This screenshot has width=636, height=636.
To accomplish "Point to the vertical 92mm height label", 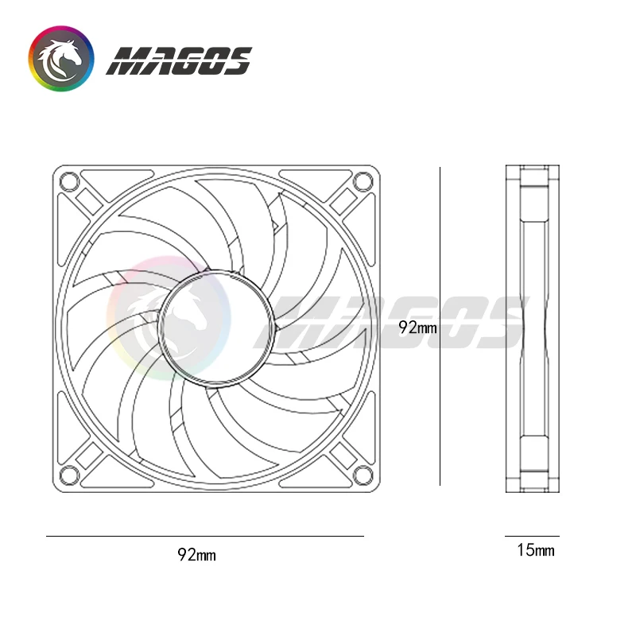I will [418, 327].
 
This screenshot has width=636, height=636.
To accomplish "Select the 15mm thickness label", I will [535, 549].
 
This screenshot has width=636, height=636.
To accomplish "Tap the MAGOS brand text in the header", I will [179, 60].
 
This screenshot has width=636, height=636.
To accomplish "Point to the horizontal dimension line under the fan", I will [204, 537].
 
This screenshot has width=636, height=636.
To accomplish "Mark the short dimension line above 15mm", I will [532, 537].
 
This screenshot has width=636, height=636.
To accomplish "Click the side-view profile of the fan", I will [532, 327].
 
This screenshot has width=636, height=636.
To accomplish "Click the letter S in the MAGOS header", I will [235, 60].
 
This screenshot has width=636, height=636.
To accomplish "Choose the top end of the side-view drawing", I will [532, 169].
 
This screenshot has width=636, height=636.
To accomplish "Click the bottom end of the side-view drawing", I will [532, 483].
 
